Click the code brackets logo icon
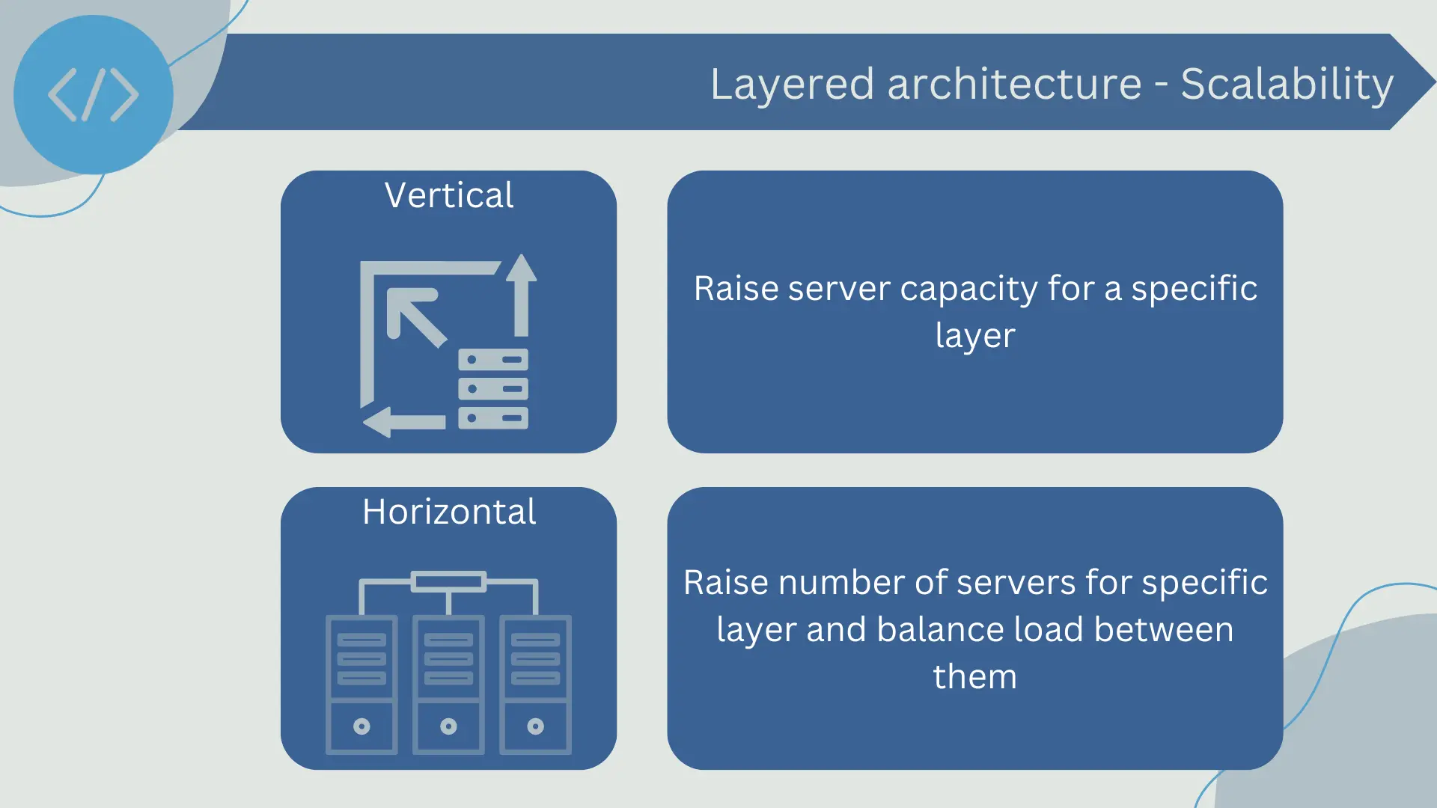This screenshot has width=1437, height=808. pyautogui.click(x=93, y=95)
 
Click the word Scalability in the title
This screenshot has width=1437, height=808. pyautogui.click(x=1287, y=84)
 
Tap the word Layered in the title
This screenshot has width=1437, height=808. pyautogui.click(x=792, y=84)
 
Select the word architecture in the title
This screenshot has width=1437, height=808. pyautogui.click(x=1014, y=84)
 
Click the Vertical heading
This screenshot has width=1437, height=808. pyautogui.click(x=449, y=195)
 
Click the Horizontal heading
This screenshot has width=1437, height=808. pyautogui.click(x=449, y=512)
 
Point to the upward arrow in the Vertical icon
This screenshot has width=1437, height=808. pyautogui.click(x=522, y=295)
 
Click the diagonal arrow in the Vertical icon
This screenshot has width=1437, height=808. pyautogui.click(x=416, y=318)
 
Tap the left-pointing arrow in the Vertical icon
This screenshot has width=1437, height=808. pyautogui.click(x=404, y=422)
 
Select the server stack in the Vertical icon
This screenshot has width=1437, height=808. pyautogui.click(x=493, y=389)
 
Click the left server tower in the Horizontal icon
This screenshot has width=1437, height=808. pyautogui.click(x=361, y=685)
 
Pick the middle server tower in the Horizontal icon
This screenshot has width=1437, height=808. pyautogui.click(x=448, y=685)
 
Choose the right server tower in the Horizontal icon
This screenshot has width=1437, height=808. pyautogui.click(x=535, y=685)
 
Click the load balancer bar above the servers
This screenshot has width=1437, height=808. pyautogui.click(x=448, y=581)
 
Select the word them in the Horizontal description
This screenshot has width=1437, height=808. pyautogui.click(x=975, y=676)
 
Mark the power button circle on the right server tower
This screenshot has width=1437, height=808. pyautogui.click(x=535, y=726)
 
